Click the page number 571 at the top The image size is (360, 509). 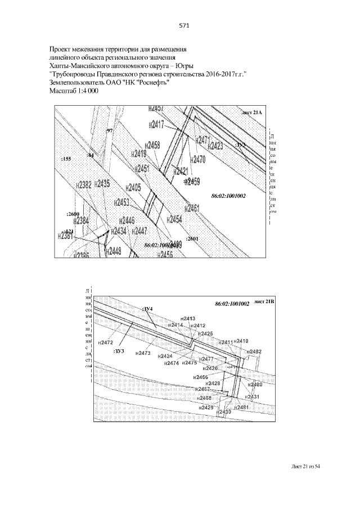[183, 25]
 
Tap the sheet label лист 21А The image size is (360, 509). [251, 113]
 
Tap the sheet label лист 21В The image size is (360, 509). [264, 301]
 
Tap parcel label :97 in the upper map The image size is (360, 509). [109, 130]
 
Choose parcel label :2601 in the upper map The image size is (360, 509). [192, 238]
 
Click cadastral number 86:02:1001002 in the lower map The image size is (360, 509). [232, 304]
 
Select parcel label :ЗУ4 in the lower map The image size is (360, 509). [148, 309]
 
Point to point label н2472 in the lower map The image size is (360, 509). [106, 343]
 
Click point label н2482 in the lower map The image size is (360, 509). [255, 352]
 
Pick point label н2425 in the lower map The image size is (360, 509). [206, 334]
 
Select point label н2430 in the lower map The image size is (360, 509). [224, 412]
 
